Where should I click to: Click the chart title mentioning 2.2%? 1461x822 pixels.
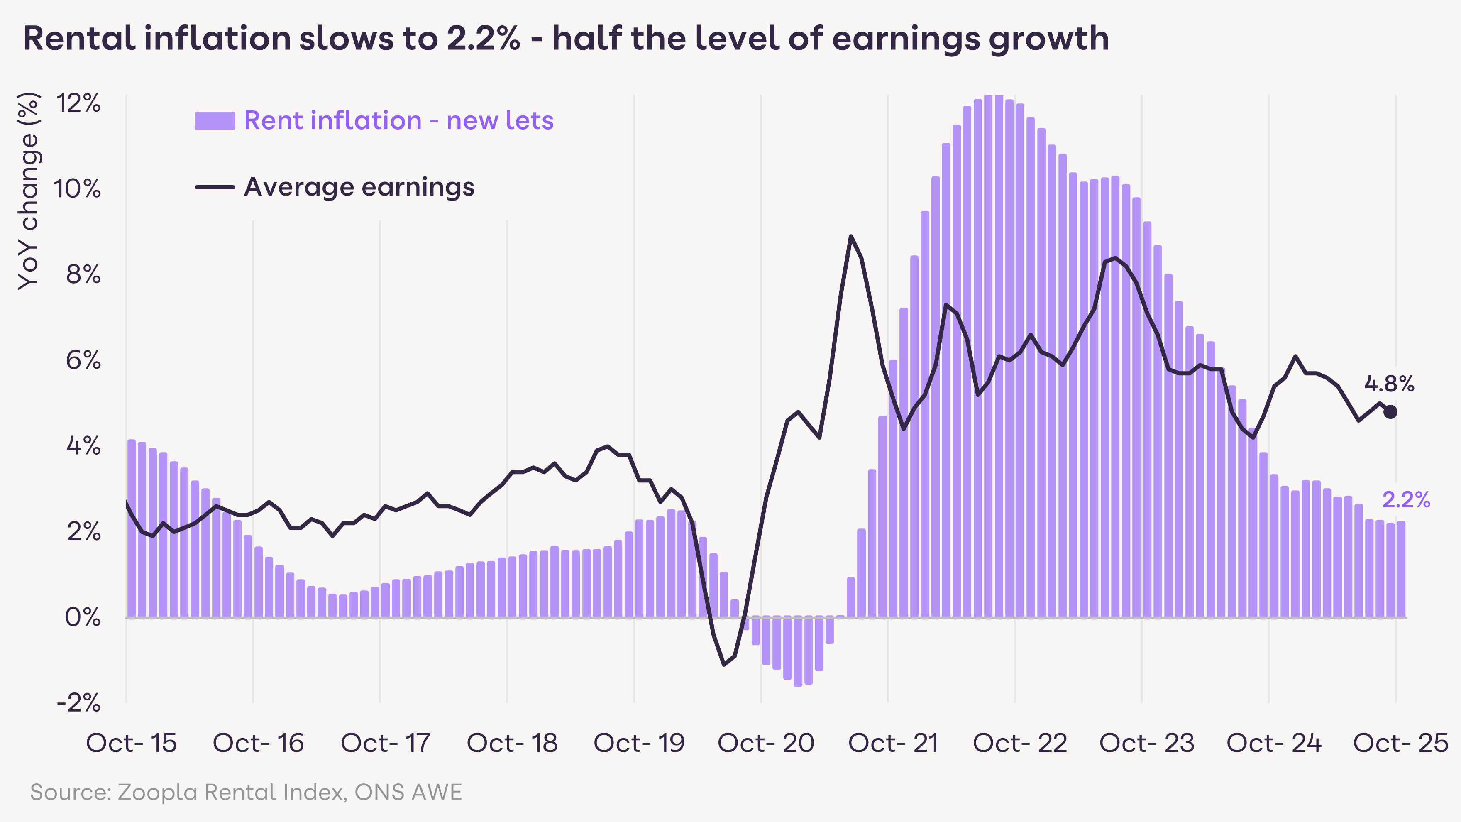tap(565, 39)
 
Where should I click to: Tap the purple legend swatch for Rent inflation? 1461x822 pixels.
tap(215, 121)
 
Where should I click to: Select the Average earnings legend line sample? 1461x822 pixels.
tap(215, 187)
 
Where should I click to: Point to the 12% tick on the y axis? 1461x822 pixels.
tap(78, 104)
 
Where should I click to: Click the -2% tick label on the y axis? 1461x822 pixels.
tap(78, 703)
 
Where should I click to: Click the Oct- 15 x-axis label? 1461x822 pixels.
tap(131, 743)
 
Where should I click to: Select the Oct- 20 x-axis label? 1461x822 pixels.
tap(766, 743)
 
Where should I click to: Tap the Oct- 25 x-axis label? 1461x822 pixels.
tap(1400, 743)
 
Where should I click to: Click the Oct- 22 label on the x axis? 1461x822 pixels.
tap(1020, 743)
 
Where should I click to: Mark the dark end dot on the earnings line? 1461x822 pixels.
tap(1390, 412)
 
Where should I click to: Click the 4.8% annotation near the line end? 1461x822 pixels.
tap(1389, 384)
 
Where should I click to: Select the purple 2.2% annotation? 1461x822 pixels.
tap(1406, 500)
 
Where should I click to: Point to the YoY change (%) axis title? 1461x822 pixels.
tap(28, 191)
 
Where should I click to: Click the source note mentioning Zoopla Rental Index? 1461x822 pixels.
tap(246, 792)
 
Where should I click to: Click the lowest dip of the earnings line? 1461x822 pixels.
tap(724, 664)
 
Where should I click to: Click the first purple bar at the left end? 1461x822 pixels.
tap(132, 528)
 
